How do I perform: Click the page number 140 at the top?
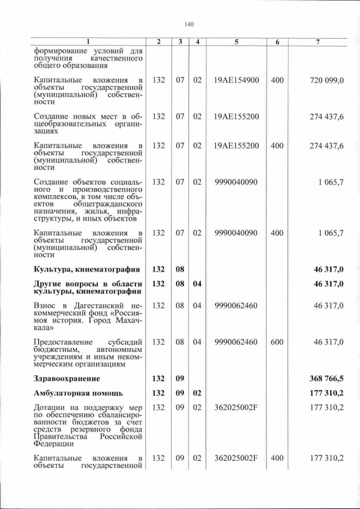coord(189,24)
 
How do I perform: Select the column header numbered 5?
coord(236,42)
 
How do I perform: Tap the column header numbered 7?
coord(318,42)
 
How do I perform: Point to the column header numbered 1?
coord(88,42)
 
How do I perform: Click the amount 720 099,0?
coord(327,80)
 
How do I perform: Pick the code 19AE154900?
coord(236,80)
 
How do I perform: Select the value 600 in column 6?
coord(277,341)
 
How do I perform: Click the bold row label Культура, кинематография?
coord(87,269)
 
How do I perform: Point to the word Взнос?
coord(47,305)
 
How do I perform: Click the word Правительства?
coord(62,436)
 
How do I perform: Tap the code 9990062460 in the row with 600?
coord(236,341)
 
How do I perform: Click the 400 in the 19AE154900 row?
coord(277,80)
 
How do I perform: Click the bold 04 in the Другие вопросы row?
coord(197,284)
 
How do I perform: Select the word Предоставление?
coord(64,341)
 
